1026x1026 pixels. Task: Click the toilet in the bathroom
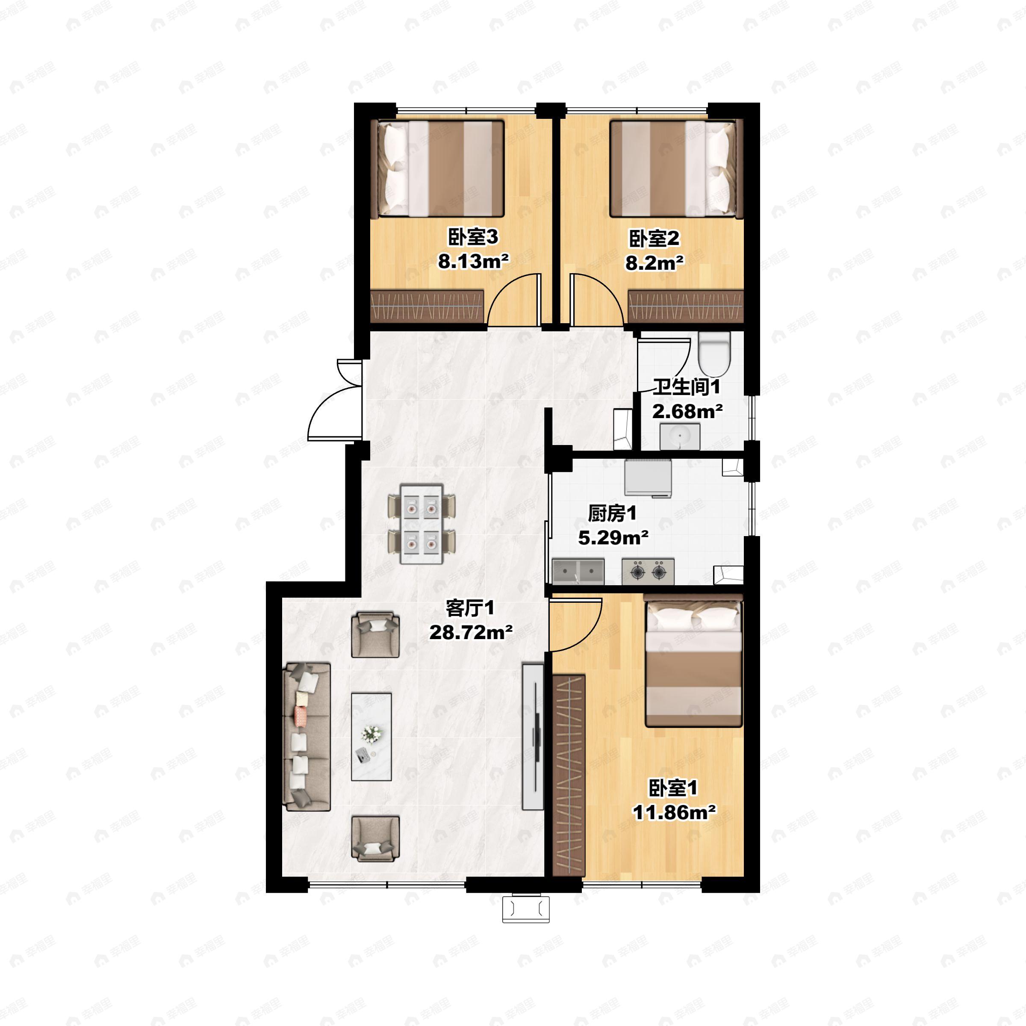click(x=714, y=354)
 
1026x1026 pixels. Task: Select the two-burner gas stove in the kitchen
click(x=648, y=572)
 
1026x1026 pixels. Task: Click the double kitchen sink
click(x=578, y=572)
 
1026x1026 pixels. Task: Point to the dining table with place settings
click(x=422, y=524)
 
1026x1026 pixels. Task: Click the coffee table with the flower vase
click(x=371, y=737)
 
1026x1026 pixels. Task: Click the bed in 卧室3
click(x=440, y=168)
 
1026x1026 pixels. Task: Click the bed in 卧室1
click(x=693, y=663)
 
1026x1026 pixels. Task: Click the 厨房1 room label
click(x=612, y=513)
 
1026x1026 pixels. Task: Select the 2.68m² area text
click(x=687, y=411)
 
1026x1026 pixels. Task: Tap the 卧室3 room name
click(x=473, y=237)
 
